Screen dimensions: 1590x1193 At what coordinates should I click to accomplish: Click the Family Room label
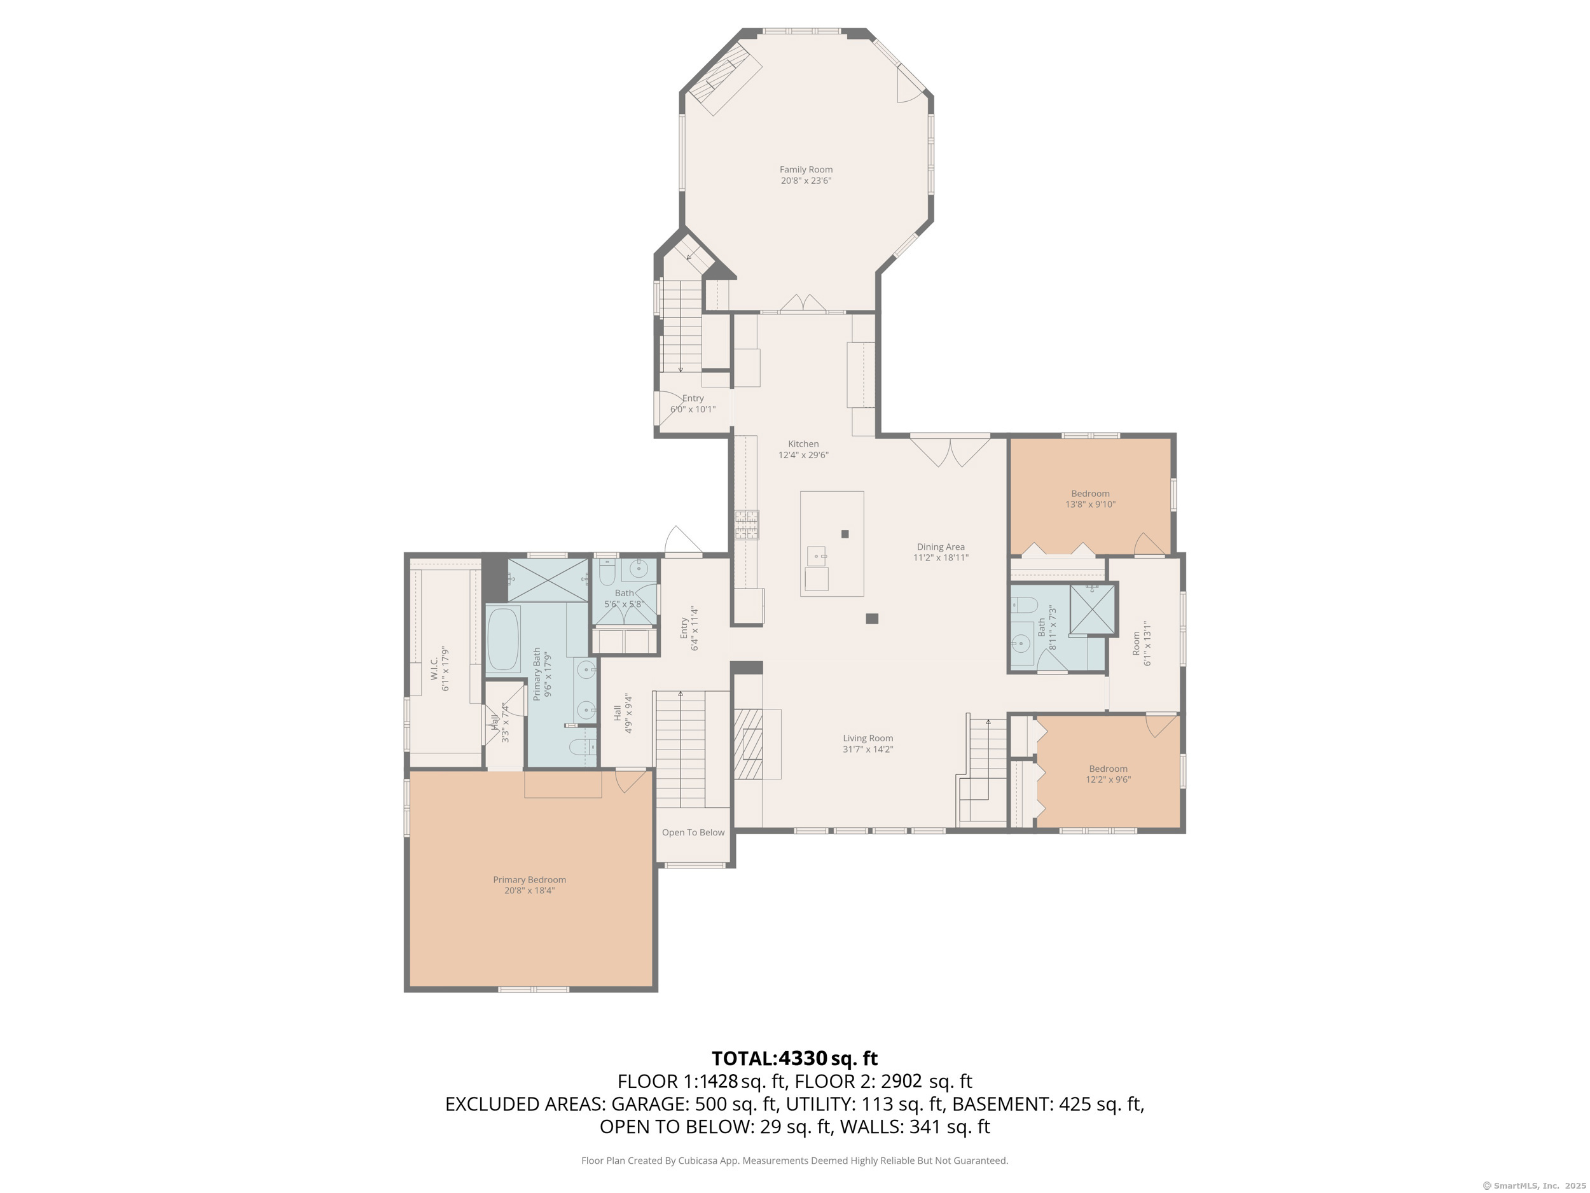806,170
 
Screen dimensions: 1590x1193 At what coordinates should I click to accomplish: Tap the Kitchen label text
803,444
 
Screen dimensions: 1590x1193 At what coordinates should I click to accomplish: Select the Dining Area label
940,547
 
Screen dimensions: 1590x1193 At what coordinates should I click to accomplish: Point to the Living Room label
868,739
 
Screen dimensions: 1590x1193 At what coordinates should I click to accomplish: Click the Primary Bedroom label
529,880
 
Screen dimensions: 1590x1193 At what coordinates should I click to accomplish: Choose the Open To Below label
693,833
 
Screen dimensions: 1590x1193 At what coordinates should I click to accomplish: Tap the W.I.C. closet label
434,669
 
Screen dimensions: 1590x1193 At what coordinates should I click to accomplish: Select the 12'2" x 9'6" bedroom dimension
1108,779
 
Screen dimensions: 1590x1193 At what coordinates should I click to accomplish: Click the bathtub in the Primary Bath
503,639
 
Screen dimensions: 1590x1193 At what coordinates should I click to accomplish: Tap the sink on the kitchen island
817,556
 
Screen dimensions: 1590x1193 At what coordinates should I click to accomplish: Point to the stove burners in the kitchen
746,525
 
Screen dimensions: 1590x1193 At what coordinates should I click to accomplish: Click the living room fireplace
749,744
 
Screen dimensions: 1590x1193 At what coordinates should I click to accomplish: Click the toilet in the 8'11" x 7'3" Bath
1023,604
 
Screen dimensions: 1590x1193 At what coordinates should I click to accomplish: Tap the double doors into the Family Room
803,303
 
